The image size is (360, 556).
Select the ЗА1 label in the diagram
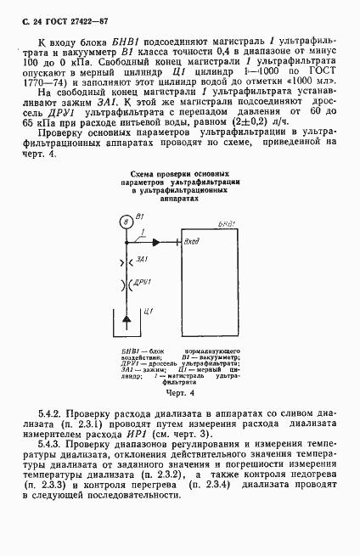pyautogui.click(x=142, y=258)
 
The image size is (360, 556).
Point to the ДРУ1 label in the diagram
pyautogui.click(x=143, y=281)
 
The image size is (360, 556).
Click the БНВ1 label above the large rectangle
pyautogui.click(x=227, y=222)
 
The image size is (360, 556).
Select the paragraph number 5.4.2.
pyautogui.click(x=53, y=413)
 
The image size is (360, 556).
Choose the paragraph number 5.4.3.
pyautogui.click(x=53, y=444)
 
